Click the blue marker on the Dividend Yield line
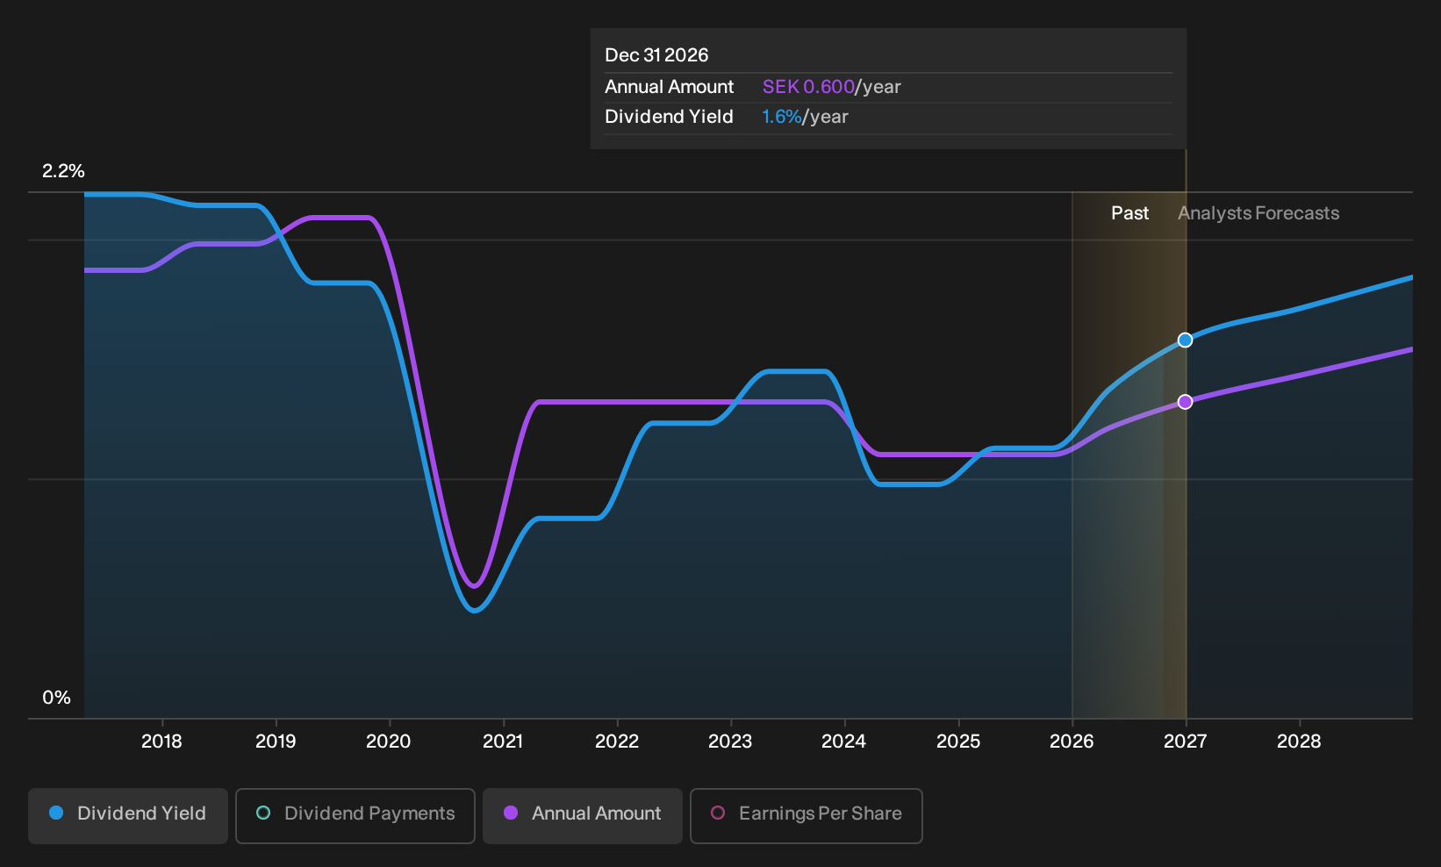tap(1185, 340)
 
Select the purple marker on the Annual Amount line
tap(1185, 402)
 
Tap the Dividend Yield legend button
tap(128, 815)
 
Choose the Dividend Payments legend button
tap(355, 815)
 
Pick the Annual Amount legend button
tap(582, 815)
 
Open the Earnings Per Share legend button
tap(806, 815)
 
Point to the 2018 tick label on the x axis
tap(161, 742)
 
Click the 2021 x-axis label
tap(503, 742)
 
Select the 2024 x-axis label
tap(844, 742)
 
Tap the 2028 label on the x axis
tap(1299, 742)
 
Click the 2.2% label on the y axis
tap(63, 171)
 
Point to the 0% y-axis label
tap(57, 698)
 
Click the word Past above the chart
tap(1129, 213)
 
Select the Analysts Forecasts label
tap(1258, 213)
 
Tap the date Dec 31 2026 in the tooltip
tap(656, 55)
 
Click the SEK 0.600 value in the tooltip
tap(808, 87)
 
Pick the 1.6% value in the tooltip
tap(782, 117)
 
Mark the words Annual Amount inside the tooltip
tap(669, 87)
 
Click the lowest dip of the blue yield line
tap(475, 610)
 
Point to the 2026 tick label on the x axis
tap(1072, 742)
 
